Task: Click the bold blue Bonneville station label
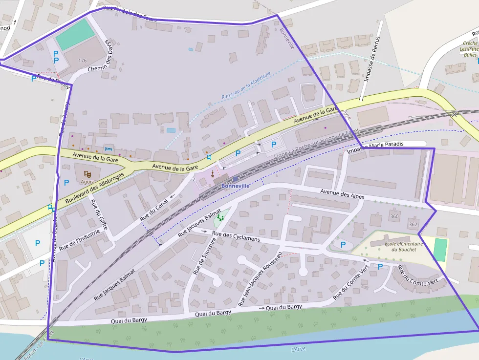point(235,186)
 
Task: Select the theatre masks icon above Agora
point(87,173)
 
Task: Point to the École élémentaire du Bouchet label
point(393,247)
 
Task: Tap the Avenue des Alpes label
point(342,194)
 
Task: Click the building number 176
point(82,61)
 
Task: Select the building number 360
point(394,216)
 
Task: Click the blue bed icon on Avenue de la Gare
point(109,148)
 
